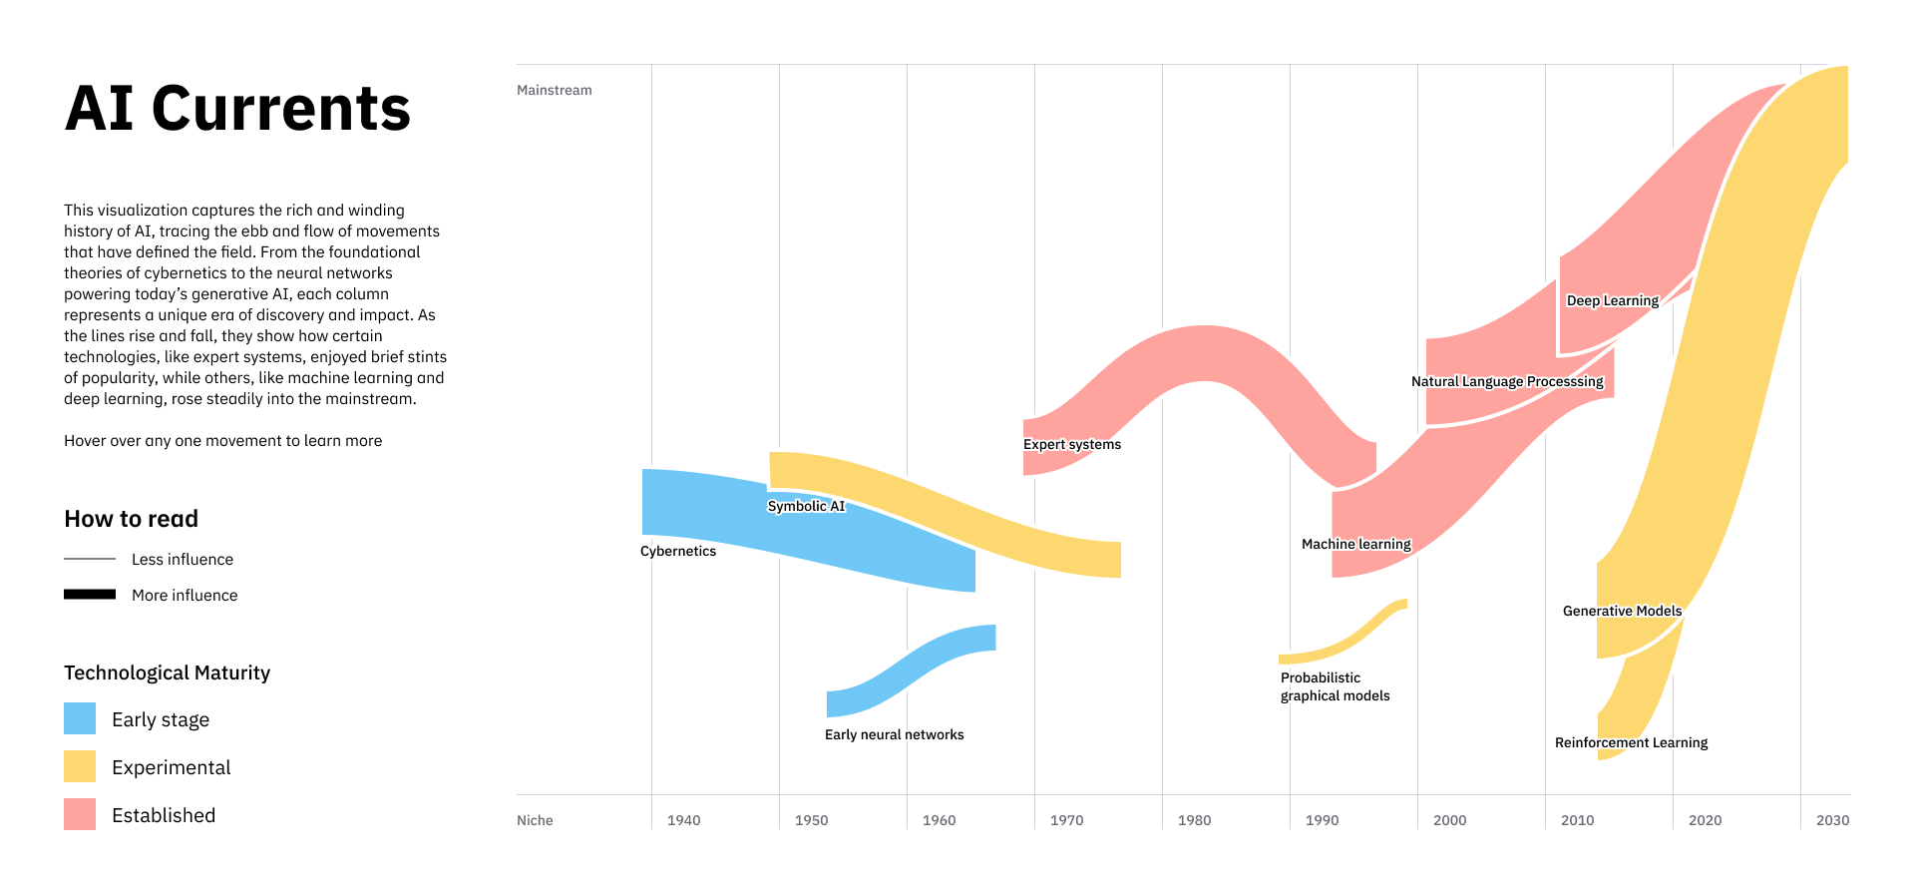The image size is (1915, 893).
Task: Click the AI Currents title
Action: (x=237, y=109)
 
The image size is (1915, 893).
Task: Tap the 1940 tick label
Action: (x=683, y=820)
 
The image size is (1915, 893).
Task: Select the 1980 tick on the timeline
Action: (x=1194, y=820)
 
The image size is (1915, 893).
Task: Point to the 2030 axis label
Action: (x=1832, y=820)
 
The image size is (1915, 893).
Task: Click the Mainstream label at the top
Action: (x=555, y=90)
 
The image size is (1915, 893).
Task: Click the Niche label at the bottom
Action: (x=535, y=820)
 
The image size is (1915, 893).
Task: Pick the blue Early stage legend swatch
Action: (x=80, y=718)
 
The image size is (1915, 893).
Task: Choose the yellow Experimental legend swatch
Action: (x=80, y=766)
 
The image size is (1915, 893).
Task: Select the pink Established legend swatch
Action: (x=80, y=814)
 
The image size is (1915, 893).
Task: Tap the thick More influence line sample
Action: (x=90, y=595)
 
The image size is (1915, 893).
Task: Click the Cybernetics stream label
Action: (x=678, y=551)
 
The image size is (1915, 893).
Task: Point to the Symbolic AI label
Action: (x=806, y=506)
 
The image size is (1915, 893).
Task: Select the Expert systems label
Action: (x=1072, y=444)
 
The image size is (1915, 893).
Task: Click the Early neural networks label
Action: (x=895, y=734)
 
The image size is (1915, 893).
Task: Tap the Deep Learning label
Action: (x=1613, y=300)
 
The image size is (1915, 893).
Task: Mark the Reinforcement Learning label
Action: (x=1632, y=742)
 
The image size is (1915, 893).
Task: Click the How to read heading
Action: (x=131, y=519)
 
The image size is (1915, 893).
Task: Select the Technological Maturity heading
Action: (x=167, y=672)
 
